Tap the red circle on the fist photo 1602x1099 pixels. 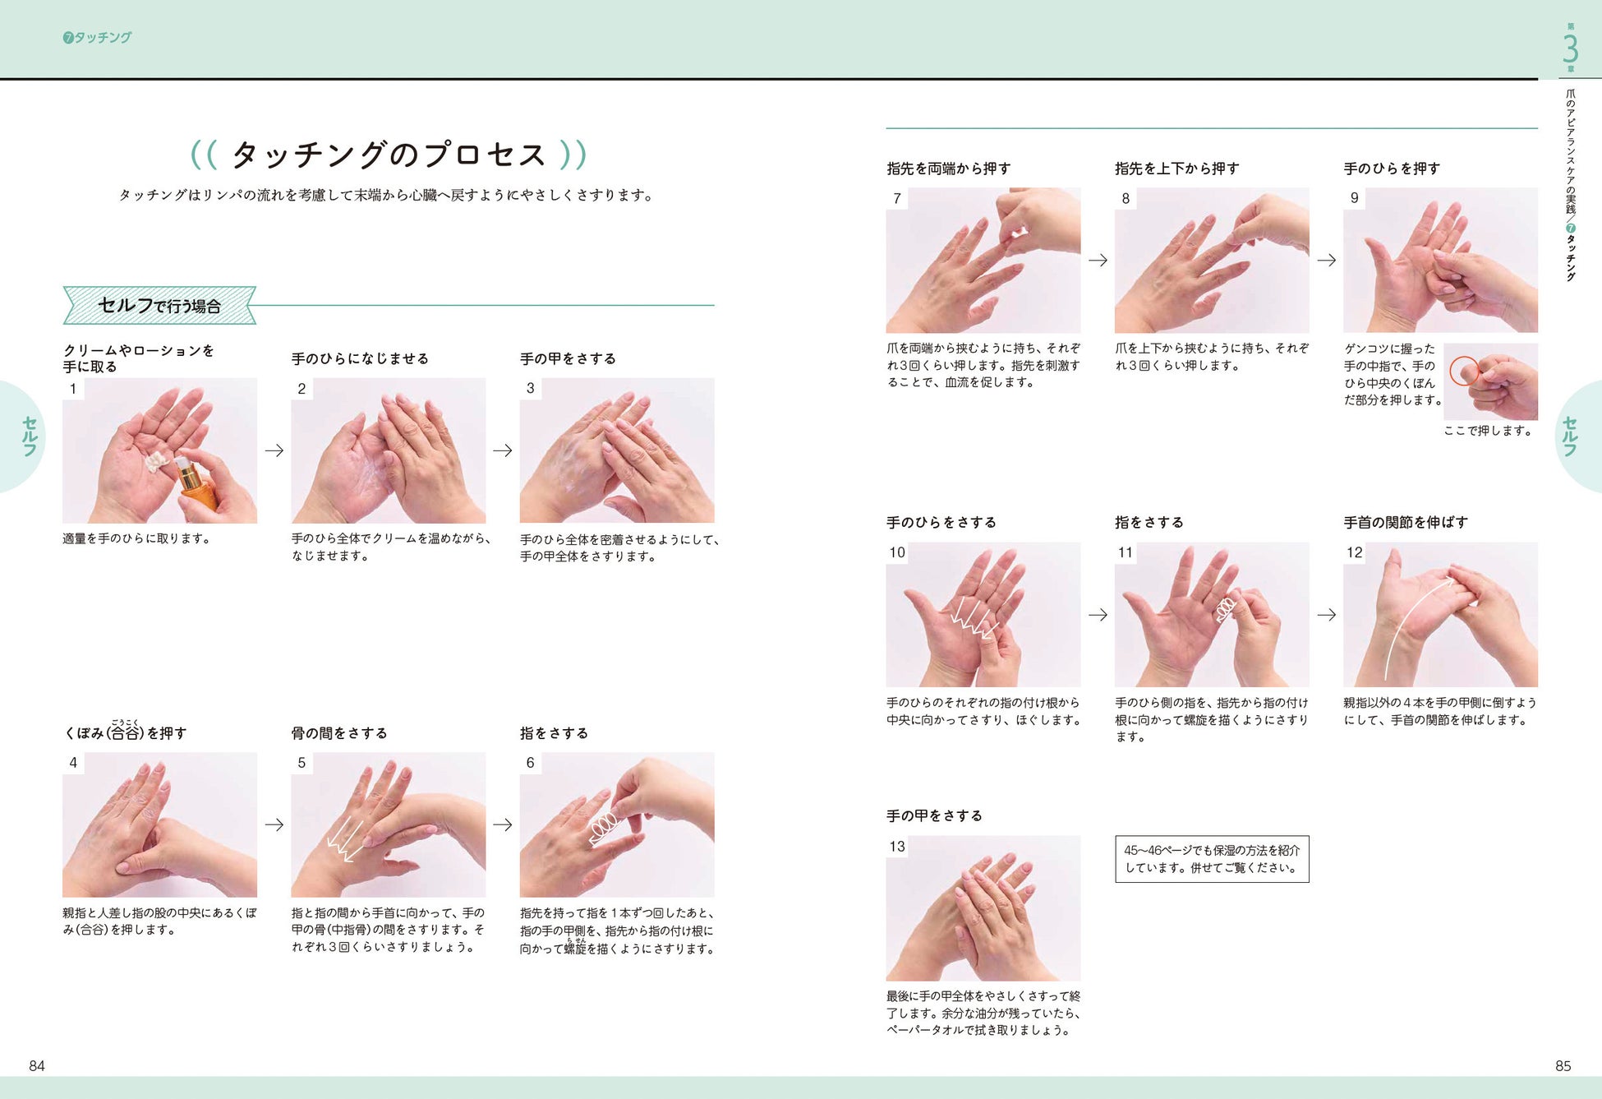pos(1464,371)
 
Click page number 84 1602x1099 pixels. pos(37,1065)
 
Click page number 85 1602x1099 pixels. pos(1563,1065)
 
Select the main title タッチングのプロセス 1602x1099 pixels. pos(389,154)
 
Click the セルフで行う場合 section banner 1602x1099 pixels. pos(159,305)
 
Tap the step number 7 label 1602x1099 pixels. pos(897,198)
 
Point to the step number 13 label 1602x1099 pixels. pos(897,846)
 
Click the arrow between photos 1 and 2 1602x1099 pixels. pos(274,450)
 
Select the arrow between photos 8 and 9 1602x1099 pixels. pos(1327,260)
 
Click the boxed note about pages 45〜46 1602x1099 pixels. pos(1212,859)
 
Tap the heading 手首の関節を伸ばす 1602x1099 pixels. pos(1406,522)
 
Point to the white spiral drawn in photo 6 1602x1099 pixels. pos(603,827)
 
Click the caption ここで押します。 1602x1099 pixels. pos(1488,430)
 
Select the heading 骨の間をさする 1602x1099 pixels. pos(339,732)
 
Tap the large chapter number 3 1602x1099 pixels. pos(1570,48)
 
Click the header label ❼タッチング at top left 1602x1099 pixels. pos(97,37)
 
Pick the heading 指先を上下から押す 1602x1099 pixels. pos(1177,168)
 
